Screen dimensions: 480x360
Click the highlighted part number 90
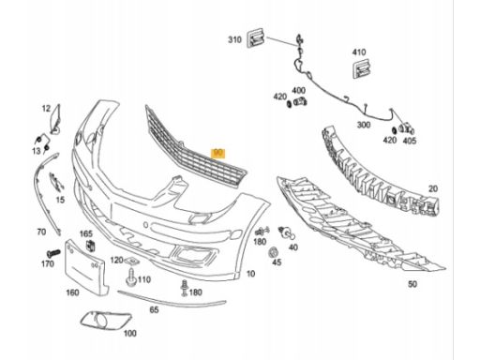click(217, 154)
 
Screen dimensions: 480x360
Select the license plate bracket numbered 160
click(86, 268)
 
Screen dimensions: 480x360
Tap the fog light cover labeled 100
click(106, 320)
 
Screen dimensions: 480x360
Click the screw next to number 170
click(53, 252)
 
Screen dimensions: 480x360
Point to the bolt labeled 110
click(131, 277)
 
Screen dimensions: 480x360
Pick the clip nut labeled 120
click(131, 261)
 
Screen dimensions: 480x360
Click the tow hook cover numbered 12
click(56, 119)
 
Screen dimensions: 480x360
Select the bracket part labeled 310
click(256, 38)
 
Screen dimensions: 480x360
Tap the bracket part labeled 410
click(362, 68)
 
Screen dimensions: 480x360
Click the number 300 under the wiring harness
click(364, 125)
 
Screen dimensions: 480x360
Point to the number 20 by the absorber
click(433, 188)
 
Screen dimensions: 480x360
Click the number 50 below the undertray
click(412, 284)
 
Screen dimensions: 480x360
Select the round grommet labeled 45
click(274, 252)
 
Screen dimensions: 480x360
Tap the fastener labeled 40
click(286, 232)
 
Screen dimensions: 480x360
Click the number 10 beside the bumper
click(250, 274)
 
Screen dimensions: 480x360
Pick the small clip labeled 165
click(91, 246)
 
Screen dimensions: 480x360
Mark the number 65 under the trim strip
click(154, 309)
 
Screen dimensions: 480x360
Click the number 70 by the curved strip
click(41, 232)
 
